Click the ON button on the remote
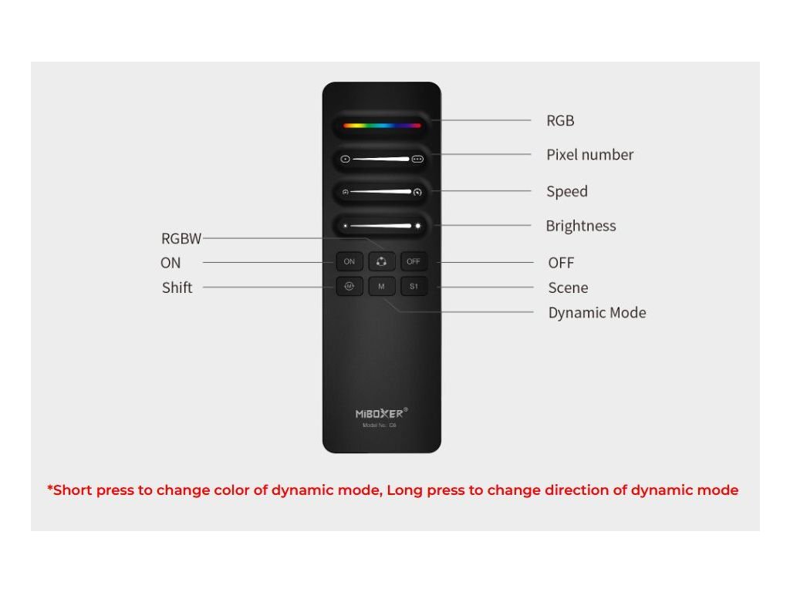click(x=349, y=262)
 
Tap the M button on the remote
click(x=381, y=287)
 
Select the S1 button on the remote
click(x=414, y=287)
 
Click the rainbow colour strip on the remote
click(x=381, y=125)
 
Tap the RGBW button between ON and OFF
click(x=381, y=262)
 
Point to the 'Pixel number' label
click(x=589, y=155)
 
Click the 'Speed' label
click(x=567, y=192)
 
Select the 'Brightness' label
click(x=580, y=226)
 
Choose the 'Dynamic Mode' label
click(x=596, y=313)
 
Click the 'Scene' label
click(x=568, y=288)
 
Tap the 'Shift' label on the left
click(x=177, y=288)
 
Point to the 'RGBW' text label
click(x=181, y=239)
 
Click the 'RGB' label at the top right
click(x=560, y=121)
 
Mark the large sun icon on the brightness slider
click(x=418, y=226)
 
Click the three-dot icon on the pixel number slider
click(x=418, y=160)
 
